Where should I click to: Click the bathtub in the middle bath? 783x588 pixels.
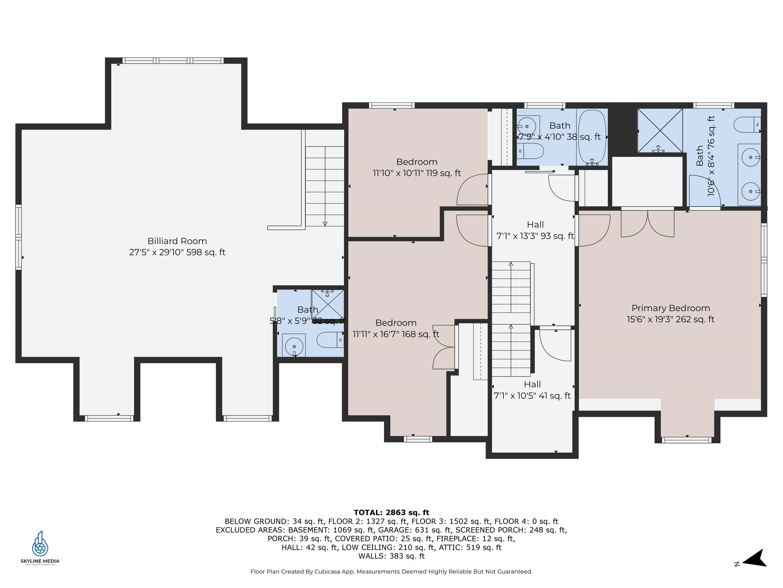pos(592,137)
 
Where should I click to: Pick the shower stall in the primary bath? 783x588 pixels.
pos(660,130)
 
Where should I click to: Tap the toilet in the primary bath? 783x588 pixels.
pos(747,125)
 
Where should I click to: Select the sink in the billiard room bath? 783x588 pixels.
pos(294,345)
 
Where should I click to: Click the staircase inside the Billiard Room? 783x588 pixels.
pos(325,186)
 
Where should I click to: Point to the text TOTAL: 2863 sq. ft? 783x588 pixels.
pos(391,512)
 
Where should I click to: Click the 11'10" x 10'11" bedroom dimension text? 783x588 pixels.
pos(417,173)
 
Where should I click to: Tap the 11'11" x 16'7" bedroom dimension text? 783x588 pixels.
pos(396,334)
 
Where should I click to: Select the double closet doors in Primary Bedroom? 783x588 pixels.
pos(647,223)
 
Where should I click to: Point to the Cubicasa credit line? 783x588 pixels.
pos(391,571)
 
